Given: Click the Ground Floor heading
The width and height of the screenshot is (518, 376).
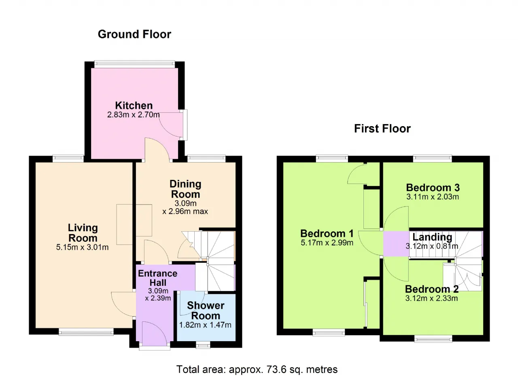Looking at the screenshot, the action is (134, 34).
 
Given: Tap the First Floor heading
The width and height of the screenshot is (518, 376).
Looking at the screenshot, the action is (382, 129).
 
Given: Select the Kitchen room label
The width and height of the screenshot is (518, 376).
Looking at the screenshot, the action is (134, 106).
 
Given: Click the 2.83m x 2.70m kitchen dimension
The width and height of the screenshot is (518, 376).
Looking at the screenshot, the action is (134, 114).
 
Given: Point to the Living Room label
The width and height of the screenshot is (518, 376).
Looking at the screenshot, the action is (83, 233).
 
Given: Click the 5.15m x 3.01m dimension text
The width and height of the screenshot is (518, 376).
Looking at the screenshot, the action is (82, 247).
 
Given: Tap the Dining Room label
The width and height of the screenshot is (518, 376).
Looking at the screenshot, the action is (185, 189).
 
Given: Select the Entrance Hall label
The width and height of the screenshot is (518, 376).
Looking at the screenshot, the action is (158, 278).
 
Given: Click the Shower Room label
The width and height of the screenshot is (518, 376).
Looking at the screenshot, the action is (206, 311).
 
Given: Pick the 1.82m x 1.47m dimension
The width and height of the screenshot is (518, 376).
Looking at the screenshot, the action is (205, 325).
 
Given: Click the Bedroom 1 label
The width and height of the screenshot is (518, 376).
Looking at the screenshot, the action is (327, 234).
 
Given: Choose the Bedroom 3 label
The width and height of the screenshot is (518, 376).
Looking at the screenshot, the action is (433, 188).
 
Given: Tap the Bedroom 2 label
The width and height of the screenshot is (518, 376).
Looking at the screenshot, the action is (432, 289).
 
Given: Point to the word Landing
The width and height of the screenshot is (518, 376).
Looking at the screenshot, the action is (432, 237).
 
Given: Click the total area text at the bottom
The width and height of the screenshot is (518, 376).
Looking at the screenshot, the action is (257, 370).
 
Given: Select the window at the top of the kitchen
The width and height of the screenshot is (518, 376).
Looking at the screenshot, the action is (135, 64).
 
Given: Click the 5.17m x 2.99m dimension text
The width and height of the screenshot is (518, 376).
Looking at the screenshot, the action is (327, 243).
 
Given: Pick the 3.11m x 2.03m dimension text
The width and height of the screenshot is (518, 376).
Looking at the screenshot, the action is (433, 197).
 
